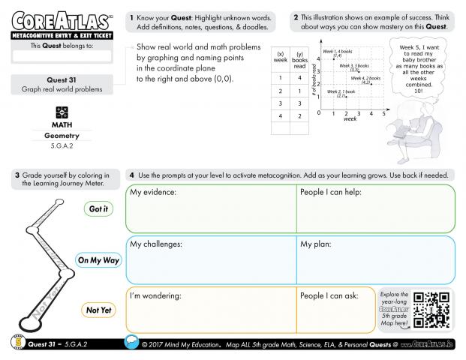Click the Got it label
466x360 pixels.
98,209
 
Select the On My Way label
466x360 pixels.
98,260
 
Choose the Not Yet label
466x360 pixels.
98,309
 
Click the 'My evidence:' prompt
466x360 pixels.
153,193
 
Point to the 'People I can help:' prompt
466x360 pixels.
331,193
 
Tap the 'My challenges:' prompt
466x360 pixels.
158,244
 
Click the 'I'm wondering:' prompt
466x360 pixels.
156,295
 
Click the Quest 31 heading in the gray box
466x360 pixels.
62,79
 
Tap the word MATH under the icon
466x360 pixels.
62,124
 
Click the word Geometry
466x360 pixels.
62,136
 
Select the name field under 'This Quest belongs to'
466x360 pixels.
62,55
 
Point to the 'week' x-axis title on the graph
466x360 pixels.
350,119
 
